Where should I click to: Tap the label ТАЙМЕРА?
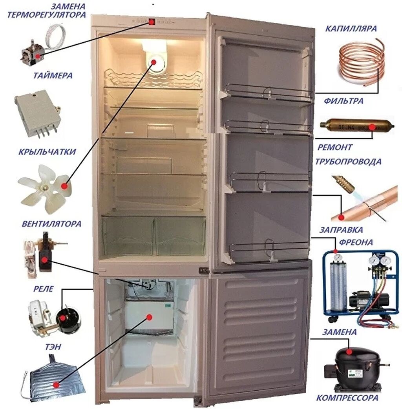tap(53, 76)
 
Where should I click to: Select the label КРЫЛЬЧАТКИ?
tap(47, 152)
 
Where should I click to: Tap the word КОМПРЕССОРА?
tap(347, 398)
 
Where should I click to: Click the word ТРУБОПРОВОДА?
tap(348, 162)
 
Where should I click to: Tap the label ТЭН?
tap(53, 347)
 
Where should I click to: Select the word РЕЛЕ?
tap(43, 289)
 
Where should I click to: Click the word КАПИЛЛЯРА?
tap(351, 29)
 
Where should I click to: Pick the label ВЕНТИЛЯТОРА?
tap(51, 224)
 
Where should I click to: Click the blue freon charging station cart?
tap(359, 284)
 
